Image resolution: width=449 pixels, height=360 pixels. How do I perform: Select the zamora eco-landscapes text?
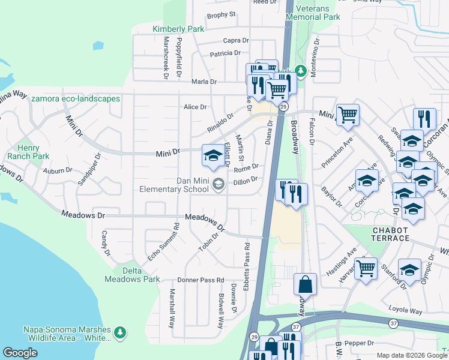[76, 98]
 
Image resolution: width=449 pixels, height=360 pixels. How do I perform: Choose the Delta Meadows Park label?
[132, 275]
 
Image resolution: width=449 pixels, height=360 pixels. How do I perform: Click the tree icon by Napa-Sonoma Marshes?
[120, 332]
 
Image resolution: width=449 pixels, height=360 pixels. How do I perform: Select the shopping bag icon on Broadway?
[305, 284]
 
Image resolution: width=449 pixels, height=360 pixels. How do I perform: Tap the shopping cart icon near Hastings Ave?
[365, 268]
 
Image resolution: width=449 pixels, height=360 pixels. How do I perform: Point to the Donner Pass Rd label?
[200, 280]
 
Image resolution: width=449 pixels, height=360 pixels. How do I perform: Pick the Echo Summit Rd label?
[160, 242]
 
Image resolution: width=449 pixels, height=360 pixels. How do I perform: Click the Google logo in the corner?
[20, 353]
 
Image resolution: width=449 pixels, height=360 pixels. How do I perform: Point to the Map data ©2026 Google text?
[411, 355]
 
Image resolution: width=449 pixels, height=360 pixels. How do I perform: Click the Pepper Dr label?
[360, 343]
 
